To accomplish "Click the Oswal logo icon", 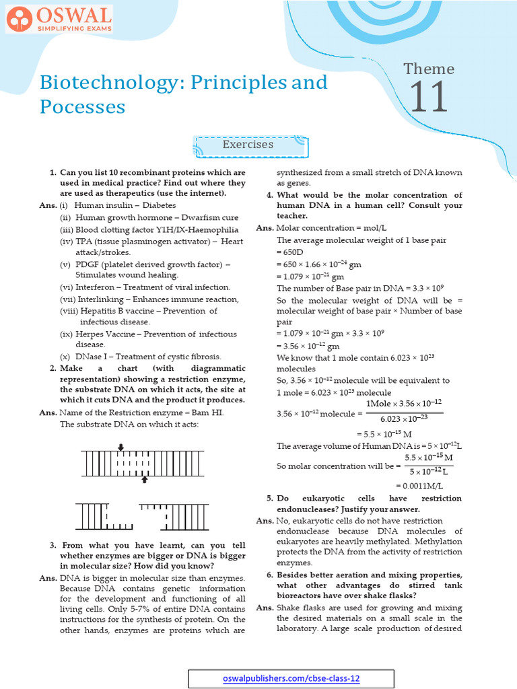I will [x=20, y=19].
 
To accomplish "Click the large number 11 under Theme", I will [x=428, y=97].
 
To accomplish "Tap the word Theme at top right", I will [x=428, y=69].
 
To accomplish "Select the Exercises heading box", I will [x=248, y=145].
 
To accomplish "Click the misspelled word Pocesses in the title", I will [x=82, y=107].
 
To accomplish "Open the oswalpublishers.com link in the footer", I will [x=291, y=679].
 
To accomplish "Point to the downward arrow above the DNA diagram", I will [x=120, y=447].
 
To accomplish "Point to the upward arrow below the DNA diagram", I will [x=145, y=480].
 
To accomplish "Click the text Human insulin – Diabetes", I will [x=125, y=205].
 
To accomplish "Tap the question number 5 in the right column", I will [x=269, y=499].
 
